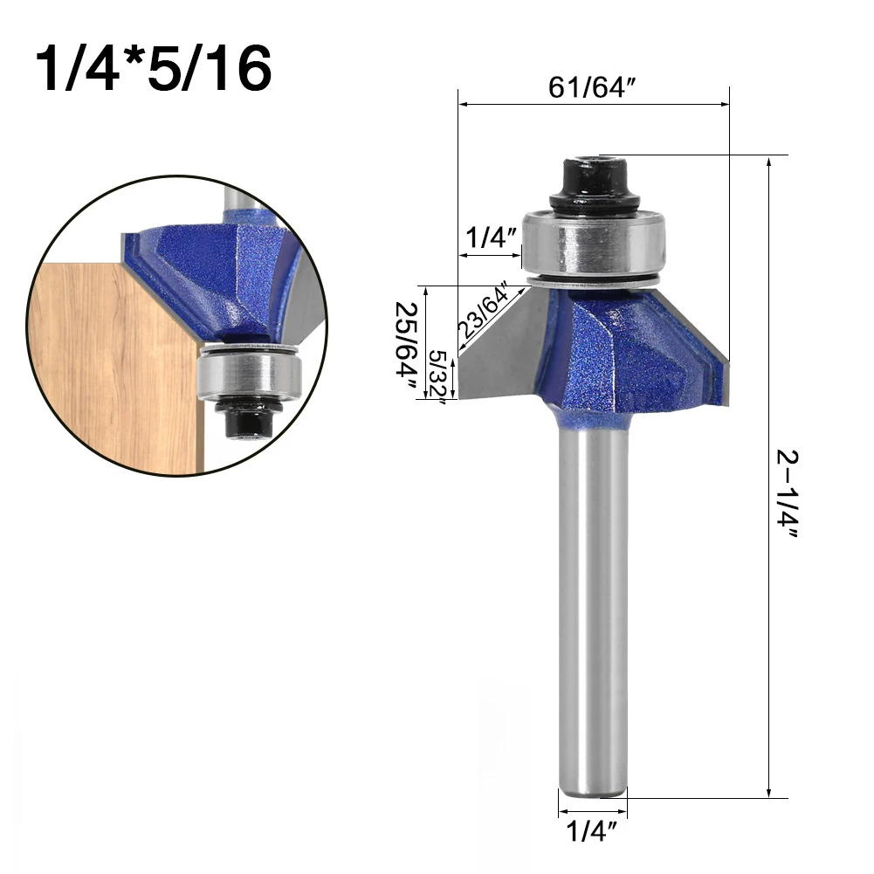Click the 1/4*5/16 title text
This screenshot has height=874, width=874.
pyautogui.click(x=154, y=69)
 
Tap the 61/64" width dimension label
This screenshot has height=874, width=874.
pyautogui.click(x=592, y=87)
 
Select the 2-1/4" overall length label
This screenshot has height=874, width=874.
pyautogui.click(x=788, y=494)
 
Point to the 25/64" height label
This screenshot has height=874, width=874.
pyautogui.click(x=407, y=347)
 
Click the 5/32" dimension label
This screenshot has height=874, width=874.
pyautogui.click(x=438, y=377)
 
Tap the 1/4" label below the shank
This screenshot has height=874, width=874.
pyautogui.click(x=591, y=831)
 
